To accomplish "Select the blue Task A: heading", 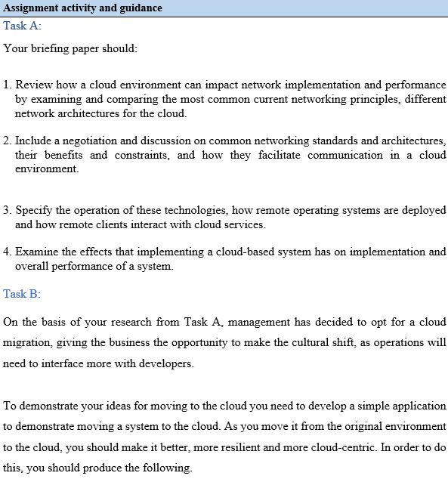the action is tap(22, 26).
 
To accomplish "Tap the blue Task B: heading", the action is tap(22, 294).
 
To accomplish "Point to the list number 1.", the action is tap(7, 85).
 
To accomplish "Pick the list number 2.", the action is tap(7, 141).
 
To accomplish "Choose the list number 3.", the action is tap(7, 211).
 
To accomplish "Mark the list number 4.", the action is tap(7, 252).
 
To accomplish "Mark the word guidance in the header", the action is tap(137, 8).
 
